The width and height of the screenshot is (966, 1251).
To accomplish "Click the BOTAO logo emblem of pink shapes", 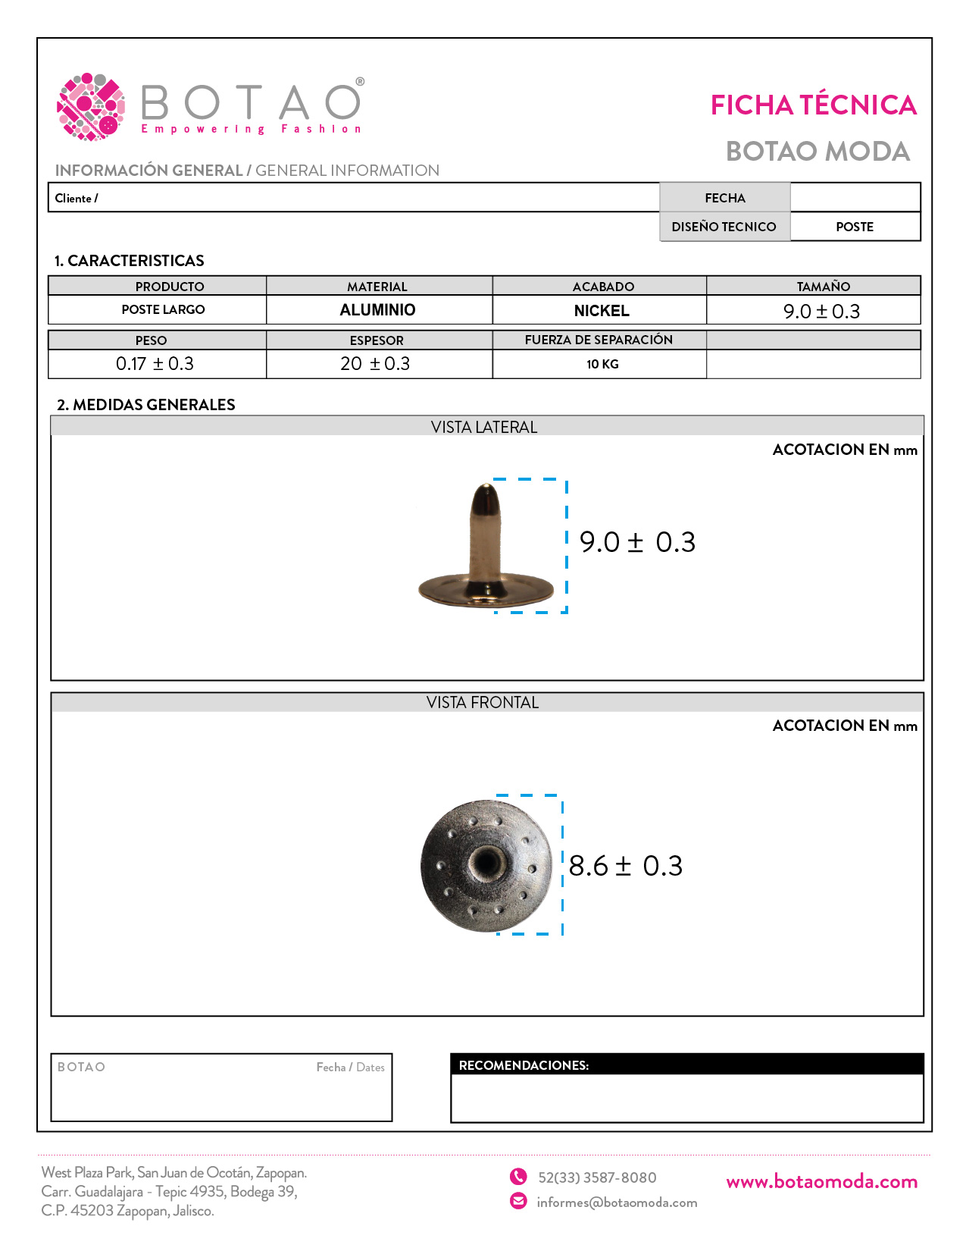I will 91,107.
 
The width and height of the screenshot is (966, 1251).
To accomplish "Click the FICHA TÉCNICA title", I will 813,105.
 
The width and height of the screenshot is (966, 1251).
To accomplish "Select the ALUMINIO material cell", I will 377,310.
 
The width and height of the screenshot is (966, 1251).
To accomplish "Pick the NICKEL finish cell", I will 602,311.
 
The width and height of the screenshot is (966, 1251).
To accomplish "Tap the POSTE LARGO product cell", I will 163,309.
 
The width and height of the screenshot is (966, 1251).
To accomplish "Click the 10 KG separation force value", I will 602,364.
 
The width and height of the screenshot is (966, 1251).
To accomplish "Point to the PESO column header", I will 151,340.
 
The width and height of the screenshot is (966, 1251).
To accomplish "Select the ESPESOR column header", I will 377,340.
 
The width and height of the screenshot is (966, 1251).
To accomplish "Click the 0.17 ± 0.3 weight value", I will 155,364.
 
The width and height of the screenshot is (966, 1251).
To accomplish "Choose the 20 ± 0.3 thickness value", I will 375,364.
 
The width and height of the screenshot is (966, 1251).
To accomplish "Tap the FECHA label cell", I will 725,198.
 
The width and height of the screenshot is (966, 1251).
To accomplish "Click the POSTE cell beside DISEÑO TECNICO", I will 855,227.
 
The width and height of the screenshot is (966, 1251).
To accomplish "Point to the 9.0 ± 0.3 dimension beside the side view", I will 637,542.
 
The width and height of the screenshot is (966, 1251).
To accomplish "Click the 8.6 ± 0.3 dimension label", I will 625,866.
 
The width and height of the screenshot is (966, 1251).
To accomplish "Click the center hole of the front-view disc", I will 484,863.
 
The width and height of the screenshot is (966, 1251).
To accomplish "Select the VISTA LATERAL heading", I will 484,427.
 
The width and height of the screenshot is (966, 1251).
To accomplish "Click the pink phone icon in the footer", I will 518,1177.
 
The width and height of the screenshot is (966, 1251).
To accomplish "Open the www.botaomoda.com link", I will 821,1181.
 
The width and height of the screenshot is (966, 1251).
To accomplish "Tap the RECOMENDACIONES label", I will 524,1065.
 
